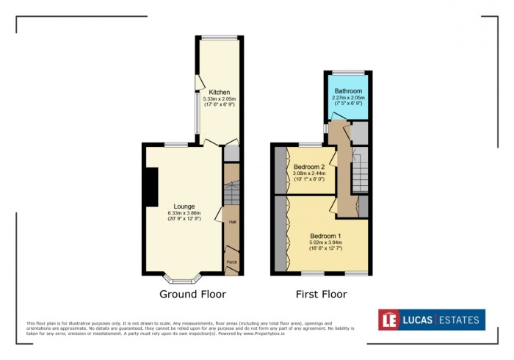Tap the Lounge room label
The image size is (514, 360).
(184, 206)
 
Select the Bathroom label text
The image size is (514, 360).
(347, 90)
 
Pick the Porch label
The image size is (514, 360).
(231, 262)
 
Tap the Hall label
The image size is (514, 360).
(231, 222)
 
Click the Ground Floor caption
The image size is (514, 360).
(192, 294)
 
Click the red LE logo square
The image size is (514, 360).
(389, 320)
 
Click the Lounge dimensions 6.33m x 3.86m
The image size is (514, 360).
(184, 214)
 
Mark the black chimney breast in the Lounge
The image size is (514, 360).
(151, 187)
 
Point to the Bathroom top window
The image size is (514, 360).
(347, 72)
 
